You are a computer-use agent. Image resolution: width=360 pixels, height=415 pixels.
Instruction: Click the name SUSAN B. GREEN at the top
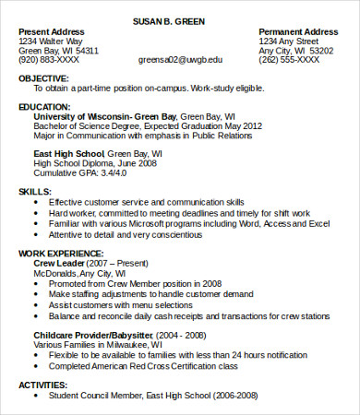point(181,19)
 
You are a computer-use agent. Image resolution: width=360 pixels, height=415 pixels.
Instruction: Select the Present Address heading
point(54,31)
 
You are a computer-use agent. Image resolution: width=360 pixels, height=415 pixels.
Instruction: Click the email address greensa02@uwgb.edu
point(180,59)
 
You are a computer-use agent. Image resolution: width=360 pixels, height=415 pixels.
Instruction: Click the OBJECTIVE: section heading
point(43,78)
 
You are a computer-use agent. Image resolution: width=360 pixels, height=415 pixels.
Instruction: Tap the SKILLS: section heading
point(35,191)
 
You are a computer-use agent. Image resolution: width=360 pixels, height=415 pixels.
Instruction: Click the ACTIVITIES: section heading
point(44,385)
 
